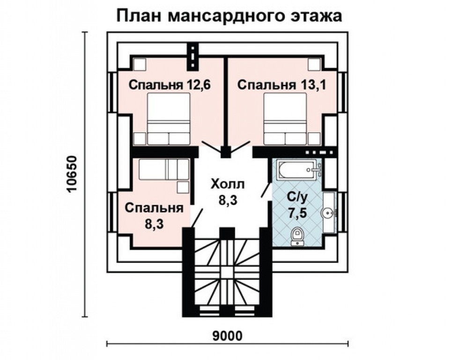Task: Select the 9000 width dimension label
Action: pos(227,336)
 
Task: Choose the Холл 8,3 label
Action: pos(228,192)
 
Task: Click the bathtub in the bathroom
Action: pos(296,170)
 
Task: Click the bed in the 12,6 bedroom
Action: pos(169,118)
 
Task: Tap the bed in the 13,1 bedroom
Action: pos(285,118)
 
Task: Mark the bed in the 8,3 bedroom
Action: pos(164,169)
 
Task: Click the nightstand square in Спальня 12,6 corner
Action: pos(139,64)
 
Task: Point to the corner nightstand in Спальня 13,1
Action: pos(315,64)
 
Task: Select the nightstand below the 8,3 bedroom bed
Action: pos(182,187)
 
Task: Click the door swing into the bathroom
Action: pos(265,190)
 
